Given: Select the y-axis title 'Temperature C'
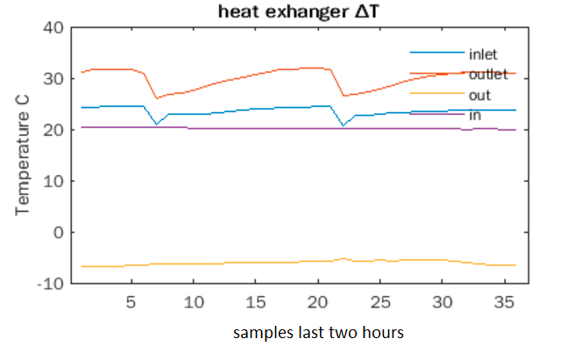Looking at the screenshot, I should tap(23, 164).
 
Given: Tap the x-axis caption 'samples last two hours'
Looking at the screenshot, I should tap(318, 334).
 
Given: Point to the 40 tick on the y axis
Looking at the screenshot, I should tap(54, 27).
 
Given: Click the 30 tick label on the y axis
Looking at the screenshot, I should tap(54, 79).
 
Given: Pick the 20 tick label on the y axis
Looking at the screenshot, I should tap(54, 130).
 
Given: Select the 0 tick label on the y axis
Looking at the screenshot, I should tap(60, 232).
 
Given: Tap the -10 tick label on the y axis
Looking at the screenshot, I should tap(50, 284).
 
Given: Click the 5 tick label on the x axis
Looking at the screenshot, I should tap(131, 301).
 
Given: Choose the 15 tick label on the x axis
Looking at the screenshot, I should tap(255, 301).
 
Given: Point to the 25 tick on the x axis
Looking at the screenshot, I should tap(379, 301).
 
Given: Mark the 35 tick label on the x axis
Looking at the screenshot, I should tap(503, 301).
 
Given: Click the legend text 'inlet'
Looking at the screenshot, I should tap(483, 55).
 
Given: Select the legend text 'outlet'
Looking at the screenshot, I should tap(487, 75).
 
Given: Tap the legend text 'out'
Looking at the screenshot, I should tap(479, 95).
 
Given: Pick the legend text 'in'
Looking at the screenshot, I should tap(474, 116).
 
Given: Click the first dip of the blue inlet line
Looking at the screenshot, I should tap(157, 124).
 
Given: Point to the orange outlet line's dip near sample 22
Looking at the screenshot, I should tap(344, 95).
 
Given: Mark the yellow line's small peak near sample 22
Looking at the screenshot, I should tap(344, 258).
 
